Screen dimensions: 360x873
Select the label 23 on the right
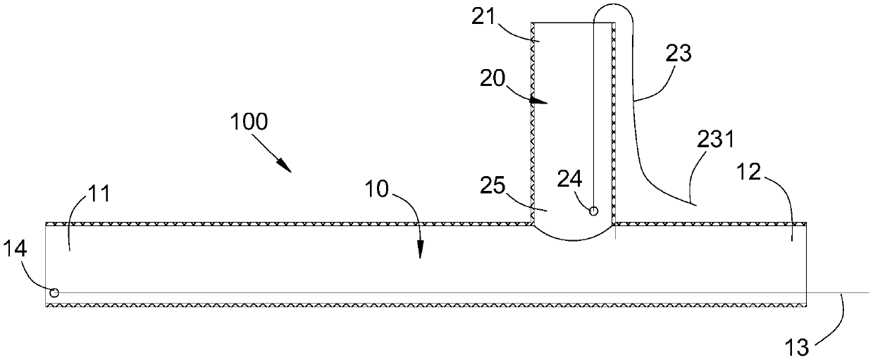679,53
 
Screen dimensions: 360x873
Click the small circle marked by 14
53,292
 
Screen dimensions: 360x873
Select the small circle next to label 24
593,210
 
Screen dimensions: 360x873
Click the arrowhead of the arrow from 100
286,168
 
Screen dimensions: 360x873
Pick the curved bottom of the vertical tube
574,237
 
